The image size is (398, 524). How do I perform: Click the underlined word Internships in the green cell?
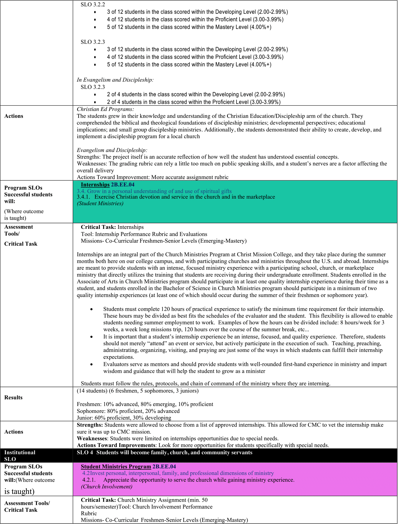click(x=95, y=185)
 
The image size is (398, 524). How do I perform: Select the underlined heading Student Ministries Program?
click(x=116, y=466)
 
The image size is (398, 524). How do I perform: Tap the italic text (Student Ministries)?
click(x=100, y=203)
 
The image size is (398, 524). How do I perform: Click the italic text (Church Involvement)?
click(x=107, y=486)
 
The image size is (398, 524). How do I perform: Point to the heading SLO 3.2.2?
click(x=93, y=5)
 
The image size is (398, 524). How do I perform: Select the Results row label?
click(x=14, y=397)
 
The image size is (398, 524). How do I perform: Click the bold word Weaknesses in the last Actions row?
click(x=92, y=438)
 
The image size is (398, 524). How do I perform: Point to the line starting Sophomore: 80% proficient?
click(x=128, y=411)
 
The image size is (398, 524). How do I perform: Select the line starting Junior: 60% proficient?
click(x=124, y=418)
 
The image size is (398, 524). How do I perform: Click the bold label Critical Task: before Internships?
click(x=98, y=227)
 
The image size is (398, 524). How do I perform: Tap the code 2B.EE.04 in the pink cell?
click(x=164, y=466)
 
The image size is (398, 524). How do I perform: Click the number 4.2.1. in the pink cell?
click(x=89, y=480)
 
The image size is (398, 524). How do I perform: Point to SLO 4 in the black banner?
click(x=85, y=452)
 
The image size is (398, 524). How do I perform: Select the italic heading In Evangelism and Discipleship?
click(x=115, y=80)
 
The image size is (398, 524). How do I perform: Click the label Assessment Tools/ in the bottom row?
click(x=27, y=503)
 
